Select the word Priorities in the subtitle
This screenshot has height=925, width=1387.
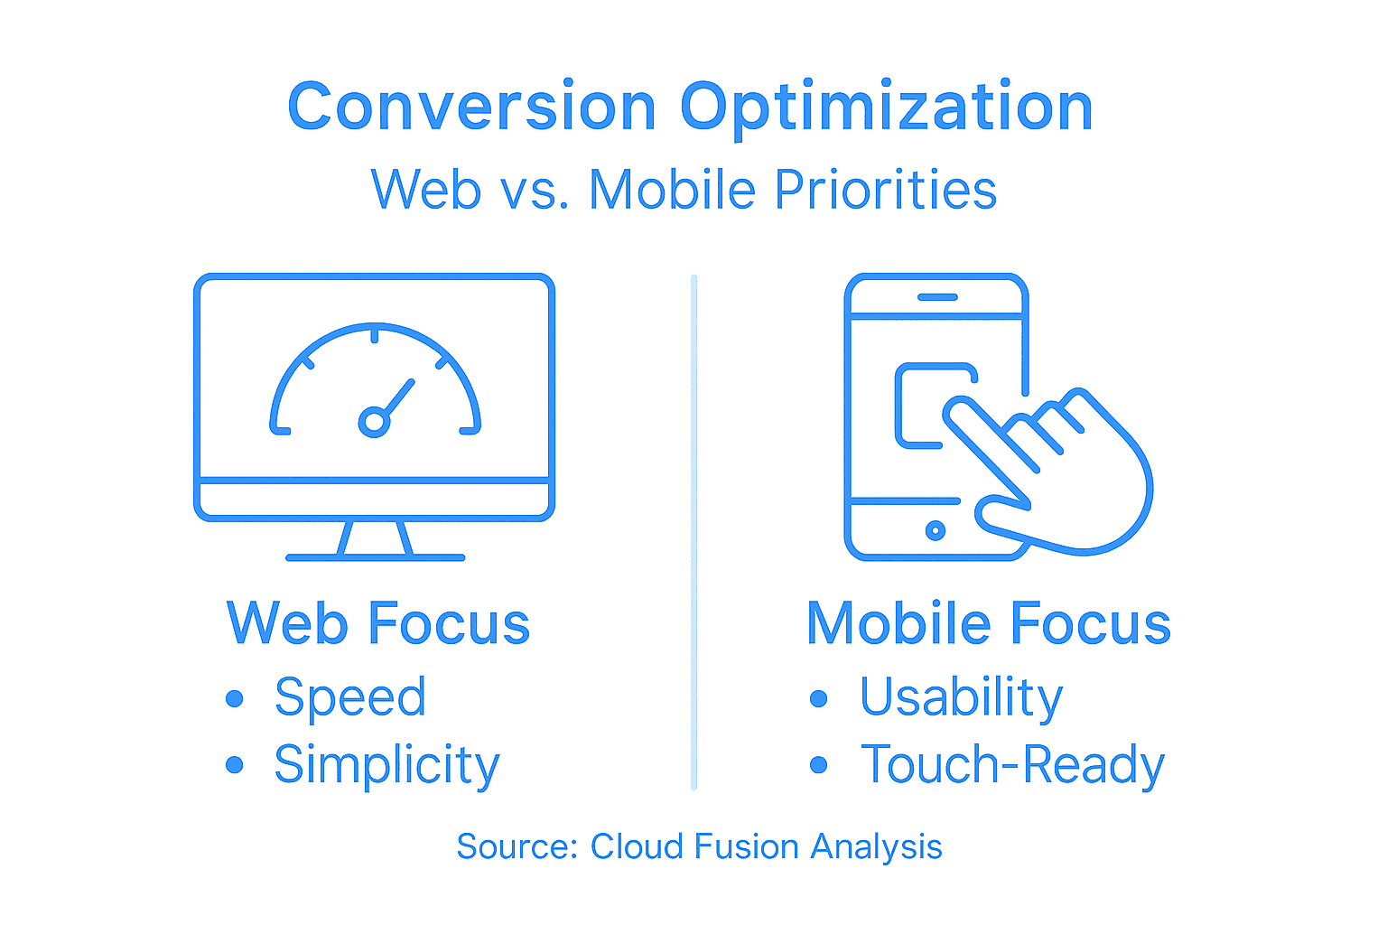point(885,190)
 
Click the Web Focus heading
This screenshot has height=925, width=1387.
point(378,623)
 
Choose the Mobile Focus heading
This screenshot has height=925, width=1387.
point(989,623)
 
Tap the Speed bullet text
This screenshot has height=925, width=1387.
point(350,697)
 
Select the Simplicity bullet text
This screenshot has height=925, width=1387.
point(386,766)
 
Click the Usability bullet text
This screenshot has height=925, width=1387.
point(961,697)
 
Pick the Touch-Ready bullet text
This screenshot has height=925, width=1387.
point(1012,766)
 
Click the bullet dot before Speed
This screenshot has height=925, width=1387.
point(235,698)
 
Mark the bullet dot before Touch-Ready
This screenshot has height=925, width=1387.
point(819,765)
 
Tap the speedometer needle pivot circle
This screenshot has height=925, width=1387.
point(373,422)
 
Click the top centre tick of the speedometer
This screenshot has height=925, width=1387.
point(374,336)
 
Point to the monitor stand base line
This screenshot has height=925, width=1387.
point(375,557)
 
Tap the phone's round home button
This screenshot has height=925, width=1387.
point(936,530)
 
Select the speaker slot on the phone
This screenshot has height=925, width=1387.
point(937,297)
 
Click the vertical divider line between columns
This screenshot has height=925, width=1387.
point(693,533)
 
